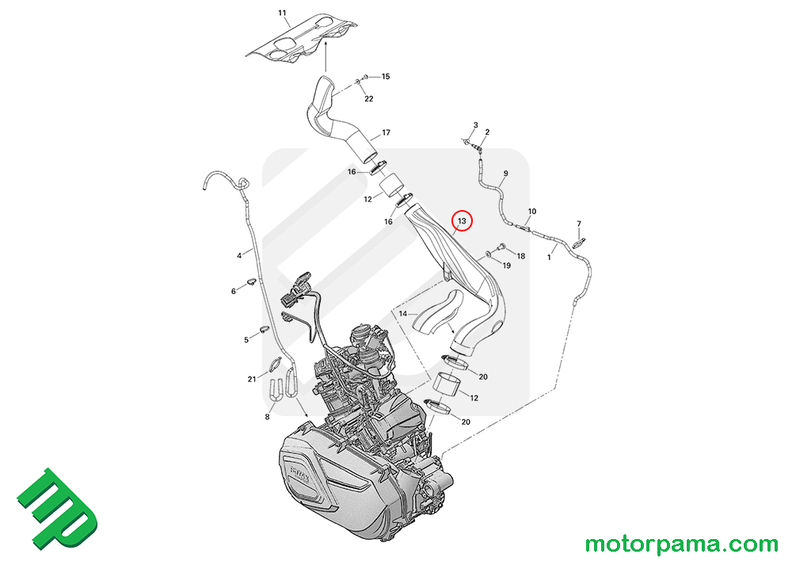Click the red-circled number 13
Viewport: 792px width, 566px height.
coord(461,220)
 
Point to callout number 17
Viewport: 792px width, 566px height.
coord(386,132)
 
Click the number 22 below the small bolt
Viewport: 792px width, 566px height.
coord(369,98)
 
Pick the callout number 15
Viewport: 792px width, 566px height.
coord(386,77)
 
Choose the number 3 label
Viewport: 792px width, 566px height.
coord(476,125)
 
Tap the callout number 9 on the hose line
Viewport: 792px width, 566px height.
coord(505,174)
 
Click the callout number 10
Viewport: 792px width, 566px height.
coord(532,212)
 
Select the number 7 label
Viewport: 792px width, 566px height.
coord(579,224)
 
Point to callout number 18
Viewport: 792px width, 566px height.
coord(520,257)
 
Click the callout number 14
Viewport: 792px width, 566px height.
coord(402,315)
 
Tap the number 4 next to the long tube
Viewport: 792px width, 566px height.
coord(238,256)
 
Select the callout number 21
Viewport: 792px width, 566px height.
coord(251,378)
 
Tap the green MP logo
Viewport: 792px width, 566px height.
coord(57,511)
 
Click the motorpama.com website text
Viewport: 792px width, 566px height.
coord(681,545)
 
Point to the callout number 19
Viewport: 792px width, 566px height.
coord(506,266)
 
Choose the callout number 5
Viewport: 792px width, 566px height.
coord(246,339)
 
